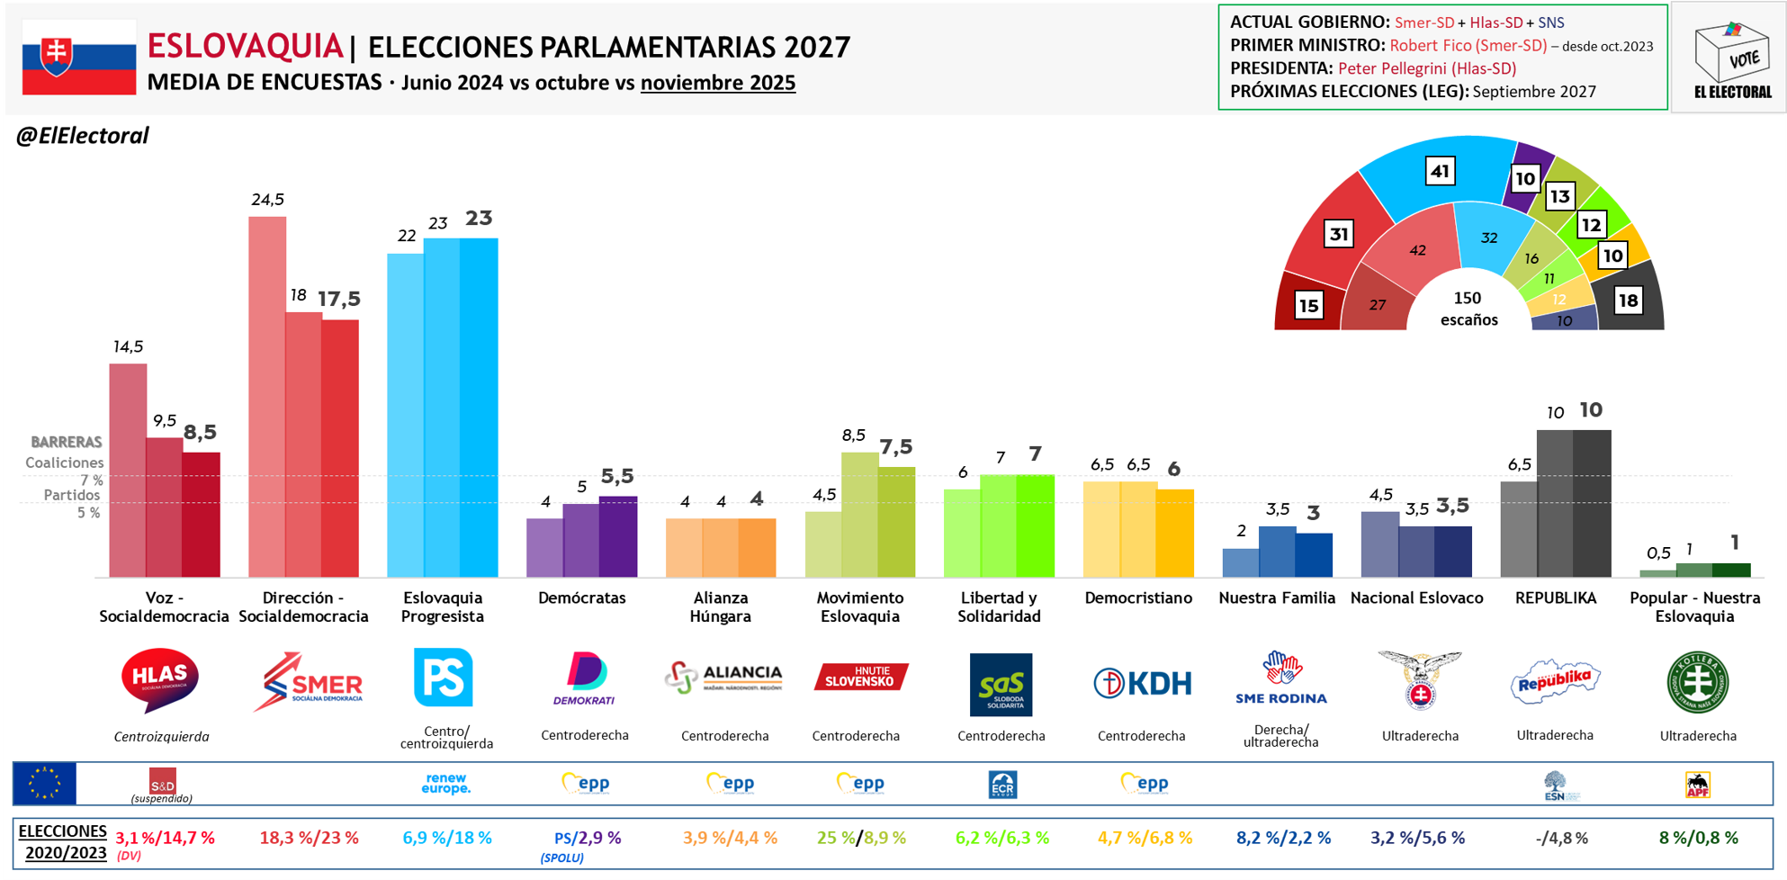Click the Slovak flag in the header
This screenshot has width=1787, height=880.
[x=79, y=58]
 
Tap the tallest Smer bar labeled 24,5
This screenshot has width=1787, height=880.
[x=267, y=396]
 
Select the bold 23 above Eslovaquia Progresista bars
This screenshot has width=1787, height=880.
[x=479, y=219]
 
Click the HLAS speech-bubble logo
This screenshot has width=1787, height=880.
[x=160, y=680]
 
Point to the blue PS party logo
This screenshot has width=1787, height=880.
[x=443, y=678]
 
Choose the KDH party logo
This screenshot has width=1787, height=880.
[x=1142, y=683]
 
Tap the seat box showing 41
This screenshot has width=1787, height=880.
[x=1441, y=171]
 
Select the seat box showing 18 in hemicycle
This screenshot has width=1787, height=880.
[x=1628, y=301]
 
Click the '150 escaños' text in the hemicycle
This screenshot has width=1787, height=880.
[x=1468, y=309]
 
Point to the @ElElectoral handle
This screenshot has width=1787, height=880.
[x=82, y=136]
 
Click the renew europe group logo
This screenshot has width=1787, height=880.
[x=445, y=784]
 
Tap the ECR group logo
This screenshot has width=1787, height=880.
[x=1001, y=785]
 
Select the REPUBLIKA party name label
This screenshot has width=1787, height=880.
[x=1555, y=598]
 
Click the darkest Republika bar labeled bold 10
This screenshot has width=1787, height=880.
[x=1592, y=503]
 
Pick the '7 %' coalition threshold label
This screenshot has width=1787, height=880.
[x=92, y=480]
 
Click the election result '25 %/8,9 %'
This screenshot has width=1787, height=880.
[x=861, y=838]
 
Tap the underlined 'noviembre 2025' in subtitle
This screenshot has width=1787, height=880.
[x=717, y=83]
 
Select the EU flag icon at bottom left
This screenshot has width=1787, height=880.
[x=45, y=784]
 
